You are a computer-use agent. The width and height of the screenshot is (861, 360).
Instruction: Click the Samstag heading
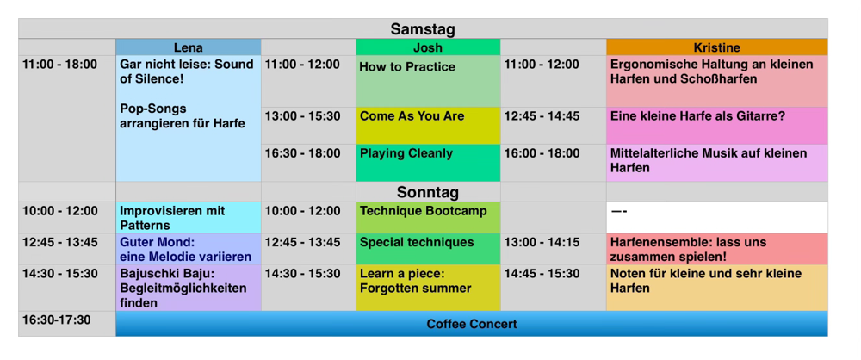tap(423, 28)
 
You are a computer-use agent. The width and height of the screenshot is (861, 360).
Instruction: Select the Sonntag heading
tap(428, 192)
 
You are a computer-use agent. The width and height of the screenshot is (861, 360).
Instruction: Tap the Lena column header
tap(189, 47)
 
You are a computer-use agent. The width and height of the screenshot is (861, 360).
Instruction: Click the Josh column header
tap(428, 47)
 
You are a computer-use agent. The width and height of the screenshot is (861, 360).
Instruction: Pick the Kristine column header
tap(716, 47)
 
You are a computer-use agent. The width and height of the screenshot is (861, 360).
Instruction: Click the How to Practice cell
tap(428, 81)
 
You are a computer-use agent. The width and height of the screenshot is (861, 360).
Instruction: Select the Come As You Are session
tap(428, 126)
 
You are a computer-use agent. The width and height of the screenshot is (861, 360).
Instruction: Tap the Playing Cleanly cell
tap(428, 164)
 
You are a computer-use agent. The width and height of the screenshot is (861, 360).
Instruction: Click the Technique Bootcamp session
tap(428, 218)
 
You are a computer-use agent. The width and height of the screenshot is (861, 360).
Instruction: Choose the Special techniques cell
tap(428, 249)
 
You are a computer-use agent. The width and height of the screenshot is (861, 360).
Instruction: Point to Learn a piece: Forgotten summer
tap(428, 288)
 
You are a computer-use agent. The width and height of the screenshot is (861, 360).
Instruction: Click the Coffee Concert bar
tap(472, 324)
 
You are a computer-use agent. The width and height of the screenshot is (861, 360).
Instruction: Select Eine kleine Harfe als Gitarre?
tap(716, 126)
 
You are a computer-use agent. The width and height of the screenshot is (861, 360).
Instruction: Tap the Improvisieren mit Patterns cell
tap(189, 218)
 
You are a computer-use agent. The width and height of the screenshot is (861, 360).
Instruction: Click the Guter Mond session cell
tap(189, 249)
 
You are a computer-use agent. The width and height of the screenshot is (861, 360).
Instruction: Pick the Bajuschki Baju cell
tap(189, 288)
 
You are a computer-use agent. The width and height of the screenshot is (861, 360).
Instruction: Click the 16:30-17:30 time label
tap(57, 320)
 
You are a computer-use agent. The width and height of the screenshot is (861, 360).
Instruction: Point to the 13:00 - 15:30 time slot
tap(302, 116)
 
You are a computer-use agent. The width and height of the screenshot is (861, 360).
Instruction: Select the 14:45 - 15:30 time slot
tap(542, 274)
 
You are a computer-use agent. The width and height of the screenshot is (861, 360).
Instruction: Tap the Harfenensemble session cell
tap(716, 249)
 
